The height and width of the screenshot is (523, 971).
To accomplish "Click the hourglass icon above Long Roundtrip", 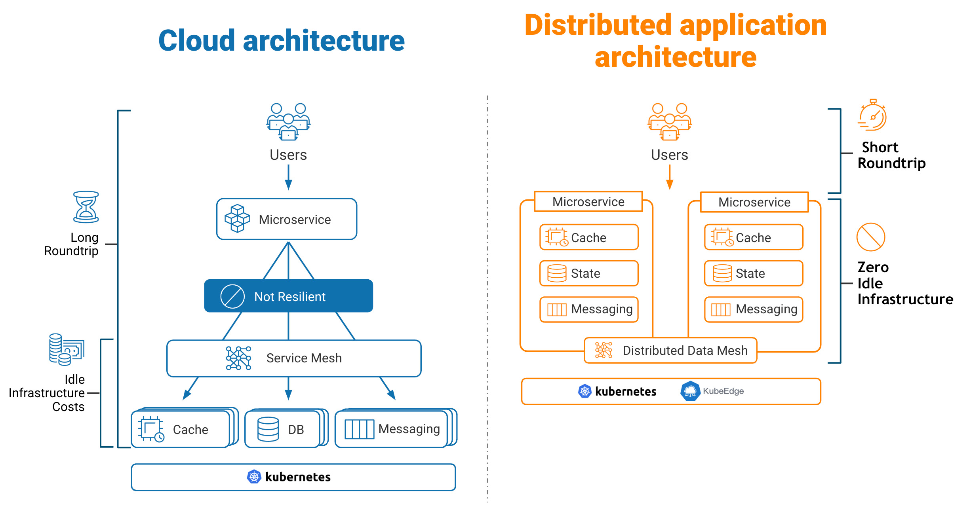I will [86, 207].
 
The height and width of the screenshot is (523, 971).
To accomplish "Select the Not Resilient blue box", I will [288, 296].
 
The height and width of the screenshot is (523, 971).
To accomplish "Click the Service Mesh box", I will [294, 358].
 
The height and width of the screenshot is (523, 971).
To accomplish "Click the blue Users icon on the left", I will [288, 121].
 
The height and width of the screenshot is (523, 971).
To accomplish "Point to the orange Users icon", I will [669, 121].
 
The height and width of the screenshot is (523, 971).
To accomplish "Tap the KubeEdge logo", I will [690, 391].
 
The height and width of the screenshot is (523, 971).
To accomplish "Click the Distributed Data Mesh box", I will [670, 351].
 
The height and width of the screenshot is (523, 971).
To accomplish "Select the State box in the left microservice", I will [589, 273].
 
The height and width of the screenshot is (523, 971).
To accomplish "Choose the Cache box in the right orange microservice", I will [754, 237].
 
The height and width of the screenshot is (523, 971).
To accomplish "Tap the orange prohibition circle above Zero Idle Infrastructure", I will [870, 237].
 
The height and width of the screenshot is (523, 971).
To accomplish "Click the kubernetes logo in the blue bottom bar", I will [254, 477].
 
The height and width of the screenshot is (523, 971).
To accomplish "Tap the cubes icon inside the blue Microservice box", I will [237, 218].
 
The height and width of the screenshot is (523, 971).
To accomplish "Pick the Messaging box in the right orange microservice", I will [754, 309].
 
